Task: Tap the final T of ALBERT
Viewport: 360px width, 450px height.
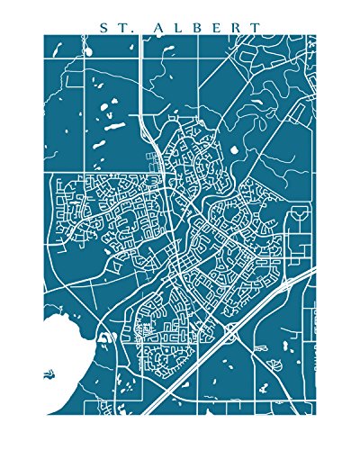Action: (x=260, y=26)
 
